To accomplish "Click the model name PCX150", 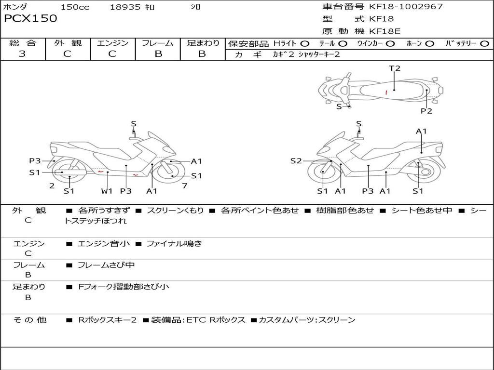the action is pos(30,18).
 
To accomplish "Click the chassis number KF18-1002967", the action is pos(406,6).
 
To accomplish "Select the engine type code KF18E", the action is pos(384,31).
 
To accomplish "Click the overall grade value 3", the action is pos(22,53).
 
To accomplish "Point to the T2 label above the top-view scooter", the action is pos(395,68).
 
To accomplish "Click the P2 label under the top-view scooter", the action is pos(426,111).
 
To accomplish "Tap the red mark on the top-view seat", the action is pos(386,92).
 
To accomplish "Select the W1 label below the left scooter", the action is pos(107,191).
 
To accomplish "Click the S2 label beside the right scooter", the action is pos(296,161).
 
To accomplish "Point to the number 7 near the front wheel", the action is pos(185,185).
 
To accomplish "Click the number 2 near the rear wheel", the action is pos(52,185).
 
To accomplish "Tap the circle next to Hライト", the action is pos(305,44).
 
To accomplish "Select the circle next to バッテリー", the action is pos(484,44).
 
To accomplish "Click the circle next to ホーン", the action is pos(430,44).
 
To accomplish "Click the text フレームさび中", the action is pos(106,265).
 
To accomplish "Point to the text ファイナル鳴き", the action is pos(174,243).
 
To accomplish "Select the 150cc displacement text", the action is pos(75,7).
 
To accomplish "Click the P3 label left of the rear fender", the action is pos(35,161).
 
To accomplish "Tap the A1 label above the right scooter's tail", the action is pos(421,131).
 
